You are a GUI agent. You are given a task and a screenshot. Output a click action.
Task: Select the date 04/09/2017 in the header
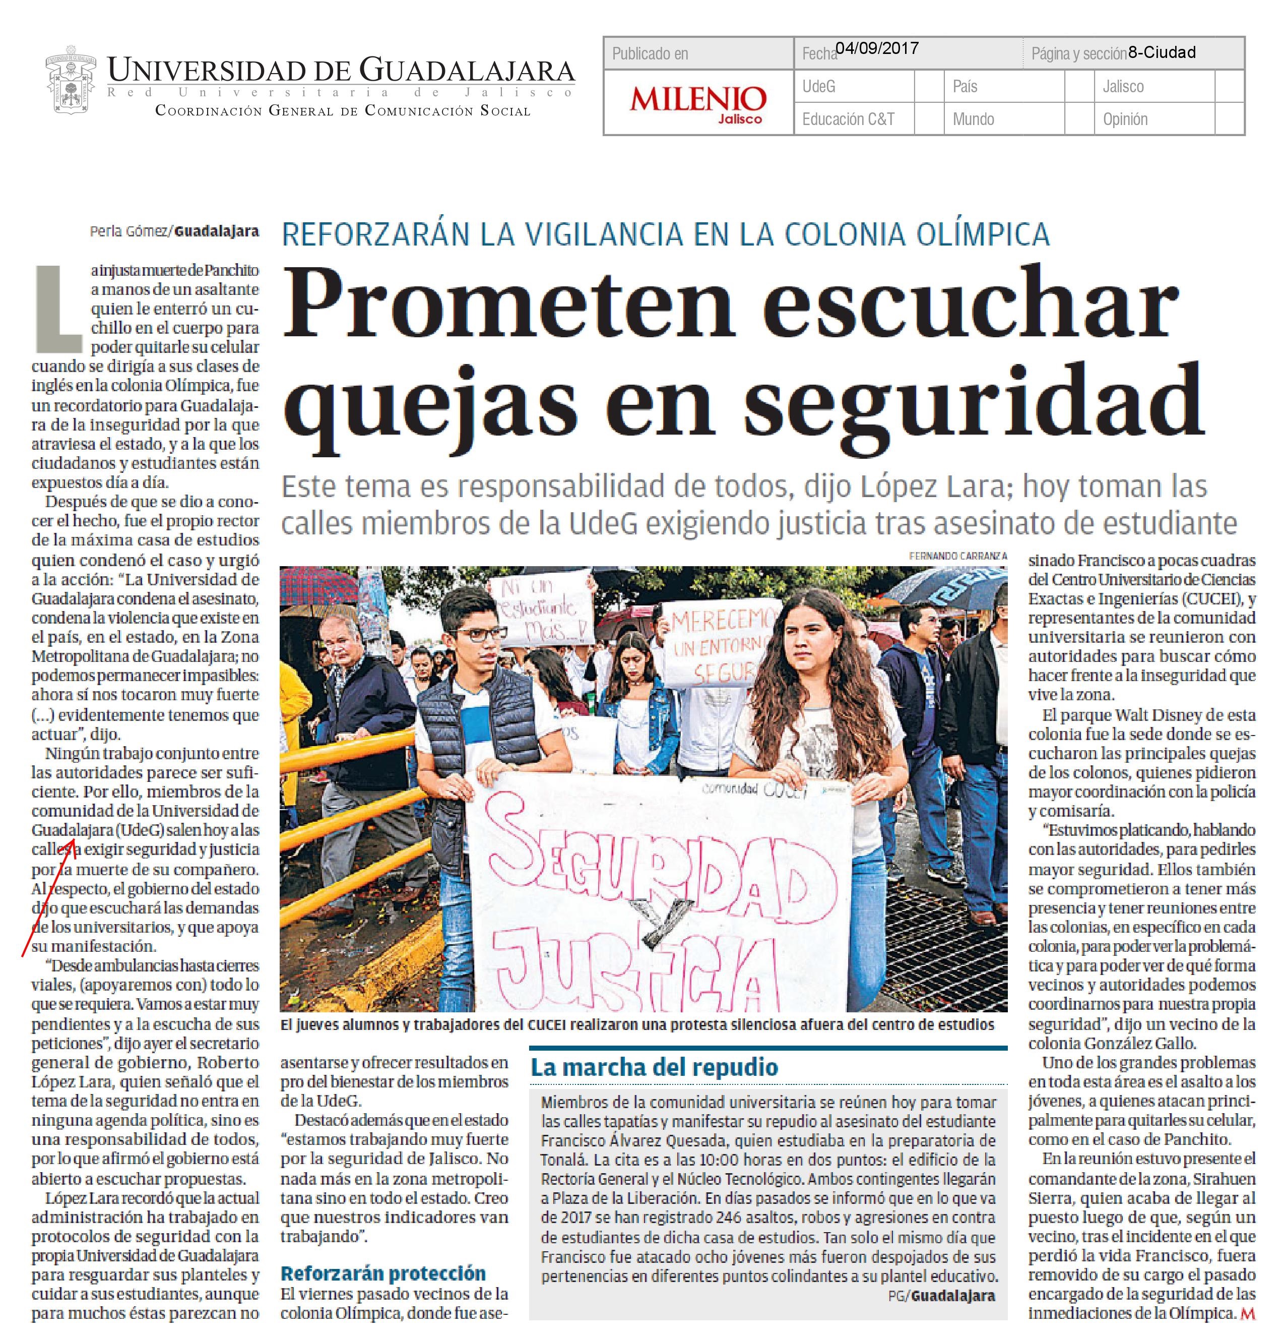[x=877, y=48]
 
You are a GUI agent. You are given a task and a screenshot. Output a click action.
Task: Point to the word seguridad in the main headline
[x=973, y=402]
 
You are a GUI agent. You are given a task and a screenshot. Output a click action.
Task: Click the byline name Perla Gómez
[x=128, y=231]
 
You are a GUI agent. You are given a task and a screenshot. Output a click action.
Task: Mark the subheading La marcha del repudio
[x=654, y=1066]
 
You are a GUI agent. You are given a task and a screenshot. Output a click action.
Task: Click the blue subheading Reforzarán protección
[x=382, y=1273]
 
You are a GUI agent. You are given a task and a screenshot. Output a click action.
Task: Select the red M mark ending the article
[x=1248, y=1312]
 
